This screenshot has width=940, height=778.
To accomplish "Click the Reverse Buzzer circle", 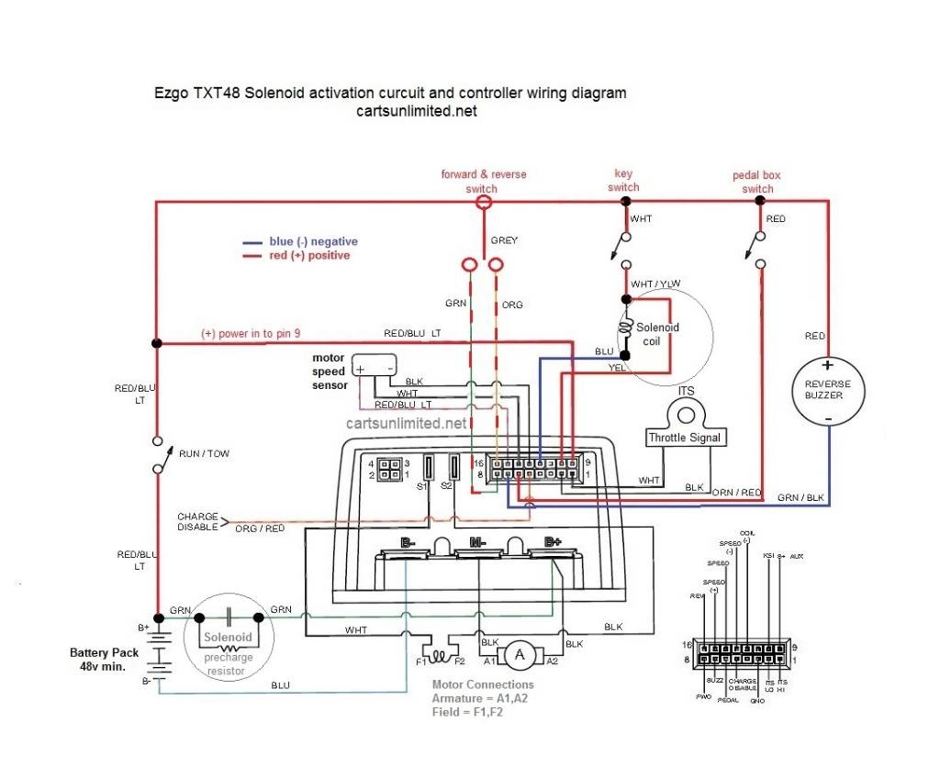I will coord(828,390).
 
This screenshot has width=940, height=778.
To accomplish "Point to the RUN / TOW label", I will coord(204,453).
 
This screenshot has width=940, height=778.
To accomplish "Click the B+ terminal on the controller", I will coord(553,542).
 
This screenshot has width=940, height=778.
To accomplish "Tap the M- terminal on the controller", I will coord(477,542).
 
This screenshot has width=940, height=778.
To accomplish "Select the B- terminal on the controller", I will coord(408,542).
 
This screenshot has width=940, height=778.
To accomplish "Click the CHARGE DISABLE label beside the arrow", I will coord(197,521).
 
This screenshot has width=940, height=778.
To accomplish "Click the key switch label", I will coord(624,181).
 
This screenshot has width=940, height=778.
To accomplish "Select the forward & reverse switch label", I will coord(483,181).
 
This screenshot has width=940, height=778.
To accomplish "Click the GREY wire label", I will coord(504,240).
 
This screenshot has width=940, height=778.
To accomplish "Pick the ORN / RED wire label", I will coord(737,493).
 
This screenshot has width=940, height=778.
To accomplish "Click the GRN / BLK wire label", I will coord(800,497).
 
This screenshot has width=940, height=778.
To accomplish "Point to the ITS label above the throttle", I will coord(685,391).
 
